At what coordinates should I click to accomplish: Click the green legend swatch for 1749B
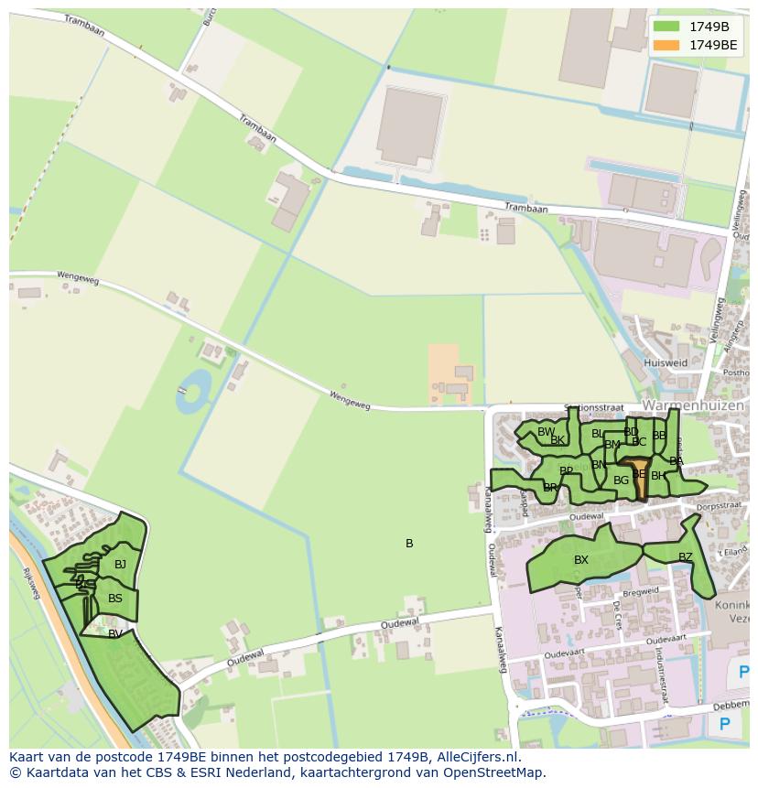[x=667, y=27]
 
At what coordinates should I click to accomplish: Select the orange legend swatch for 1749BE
[x=667, y=44]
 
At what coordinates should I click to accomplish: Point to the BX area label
[x=581, y=560]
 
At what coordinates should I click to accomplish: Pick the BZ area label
[x=686, y=556]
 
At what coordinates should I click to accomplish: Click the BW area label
[x=546, y=432]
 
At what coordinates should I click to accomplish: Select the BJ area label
[x=120, y=565]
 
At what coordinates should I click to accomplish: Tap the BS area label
[x=115, y=599]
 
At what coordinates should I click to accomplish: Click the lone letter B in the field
[x=409, y=544]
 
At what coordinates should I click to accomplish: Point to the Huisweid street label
[x=666, y=362]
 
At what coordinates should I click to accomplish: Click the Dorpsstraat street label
[x=718, y=504]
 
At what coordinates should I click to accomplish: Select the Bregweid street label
[x=638, y=591]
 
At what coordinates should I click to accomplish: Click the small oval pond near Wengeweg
[x=193, y=391]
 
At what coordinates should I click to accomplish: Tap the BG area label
[x=622, y=480]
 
